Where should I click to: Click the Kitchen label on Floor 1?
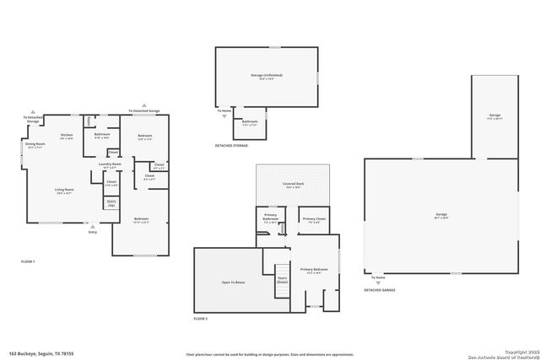[x=66, y=136]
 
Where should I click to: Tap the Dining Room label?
[x=35, y=145]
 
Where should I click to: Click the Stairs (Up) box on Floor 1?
[x=111, y=202]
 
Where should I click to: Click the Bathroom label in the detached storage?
[x=250, y=122]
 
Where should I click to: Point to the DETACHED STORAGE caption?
[x=231, y=146]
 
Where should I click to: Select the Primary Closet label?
[x=314, y=220]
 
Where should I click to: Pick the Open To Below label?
[x=234, y=282]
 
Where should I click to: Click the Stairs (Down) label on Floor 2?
[x=283, y=281]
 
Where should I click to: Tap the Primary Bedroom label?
[x=317, y=271]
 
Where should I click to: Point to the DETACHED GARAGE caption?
[x=380, y=290]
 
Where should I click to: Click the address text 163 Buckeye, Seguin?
[x=42, y=353]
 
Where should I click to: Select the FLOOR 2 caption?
[x=201, y=319]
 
